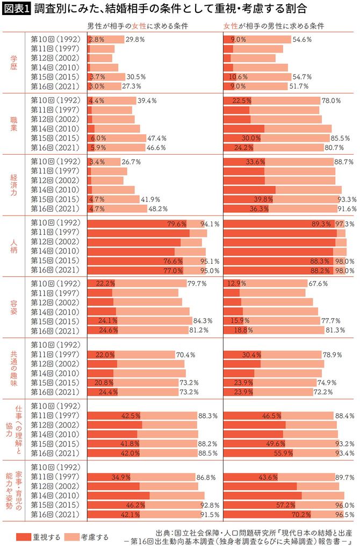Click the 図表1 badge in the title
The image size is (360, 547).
tap(16, 9)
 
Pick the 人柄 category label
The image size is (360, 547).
tap(13, 246)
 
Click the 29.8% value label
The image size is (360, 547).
tap(135, 40)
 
